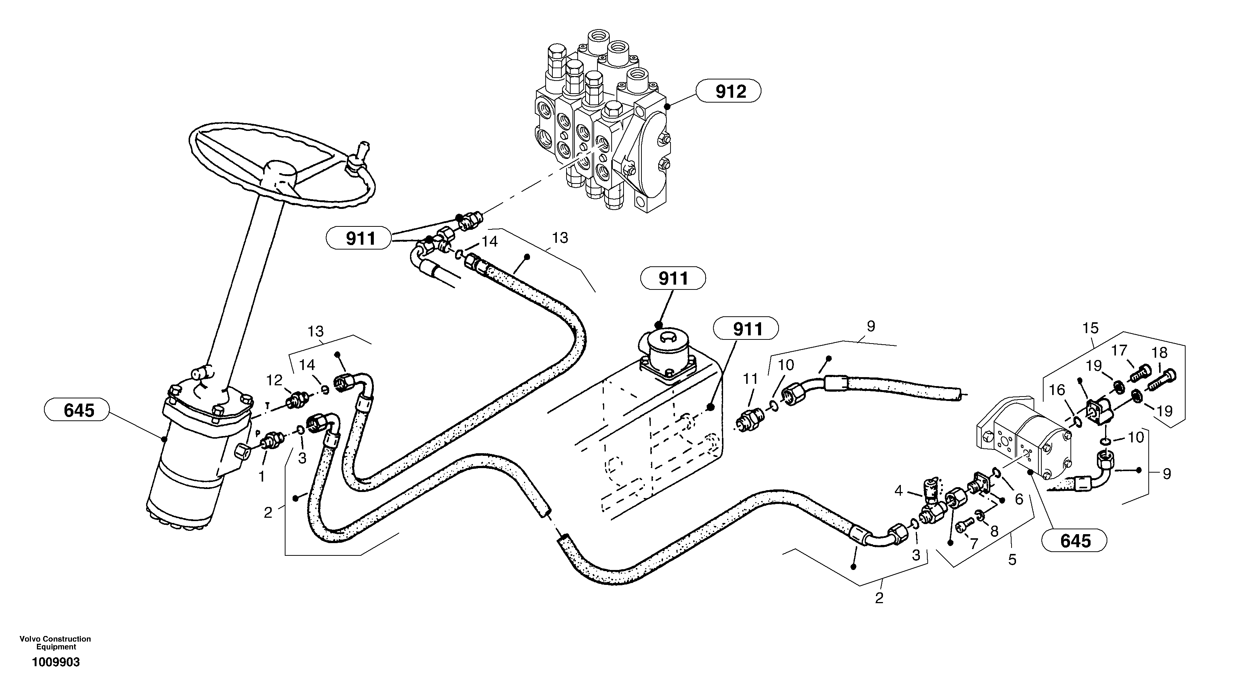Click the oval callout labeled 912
(x=730, y=91)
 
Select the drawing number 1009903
(x=56, y=662)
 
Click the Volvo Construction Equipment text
(x=55, y=643)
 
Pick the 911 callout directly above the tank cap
(x=673, y=278)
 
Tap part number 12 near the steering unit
(x=274, y=380)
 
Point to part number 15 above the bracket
(x=1091, y=328)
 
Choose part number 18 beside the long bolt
(x=1160, y=352)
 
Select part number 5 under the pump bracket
(x=1012, y=560)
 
